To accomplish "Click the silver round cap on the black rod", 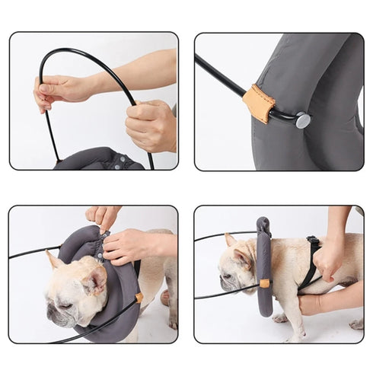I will click(302, 120).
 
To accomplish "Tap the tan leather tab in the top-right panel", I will click(259, 103).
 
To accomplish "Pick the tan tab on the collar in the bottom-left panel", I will click(139, 297).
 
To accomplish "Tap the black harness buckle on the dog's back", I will click(313, 241).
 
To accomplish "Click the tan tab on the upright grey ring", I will click(263, 283).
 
